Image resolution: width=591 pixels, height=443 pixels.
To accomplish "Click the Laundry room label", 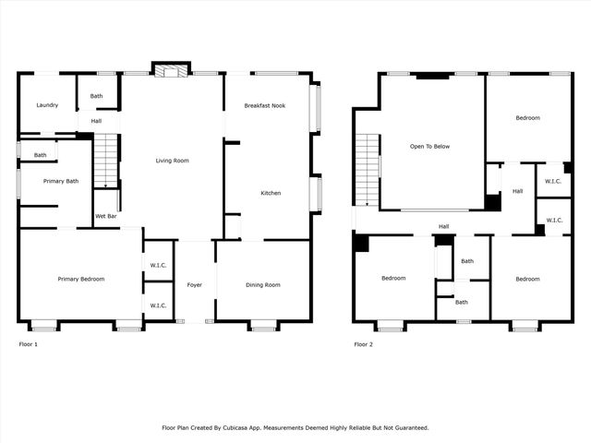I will pos(48,105).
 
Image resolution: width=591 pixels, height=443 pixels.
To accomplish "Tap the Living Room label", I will pos(172,161).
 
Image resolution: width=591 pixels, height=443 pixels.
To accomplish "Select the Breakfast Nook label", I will pos(265,106).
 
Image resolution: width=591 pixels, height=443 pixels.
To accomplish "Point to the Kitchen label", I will pos(271,193).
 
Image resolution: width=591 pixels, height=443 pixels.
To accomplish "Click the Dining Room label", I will pos(263,285).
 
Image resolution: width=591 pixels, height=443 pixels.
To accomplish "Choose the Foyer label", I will pos(194,285).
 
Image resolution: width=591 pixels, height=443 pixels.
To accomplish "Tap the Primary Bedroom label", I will pos(80,280).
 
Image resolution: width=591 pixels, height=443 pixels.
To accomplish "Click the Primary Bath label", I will pos(61,181).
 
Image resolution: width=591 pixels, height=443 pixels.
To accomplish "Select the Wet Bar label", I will pos(106,217).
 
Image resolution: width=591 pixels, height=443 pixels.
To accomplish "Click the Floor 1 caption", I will pos(29,344).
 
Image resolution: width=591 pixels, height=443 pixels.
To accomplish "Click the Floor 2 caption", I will pos(364,344).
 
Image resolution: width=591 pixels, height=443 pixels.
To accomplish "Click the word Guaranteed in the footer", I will pos(407,427).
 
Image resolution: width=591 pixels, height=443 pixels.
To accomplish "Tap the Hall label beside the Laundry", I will pos(96,121).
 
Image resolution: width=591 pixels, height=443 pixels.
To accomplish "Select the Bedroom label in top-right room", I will pos(528,118).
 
